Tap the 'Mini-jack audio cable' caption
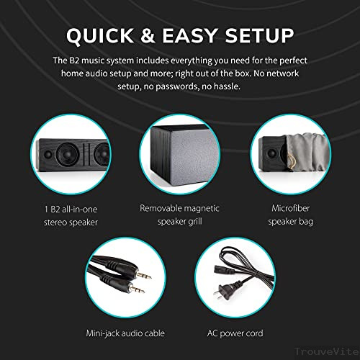click(125, 333)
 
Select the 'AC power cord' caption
click(235, 333)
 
